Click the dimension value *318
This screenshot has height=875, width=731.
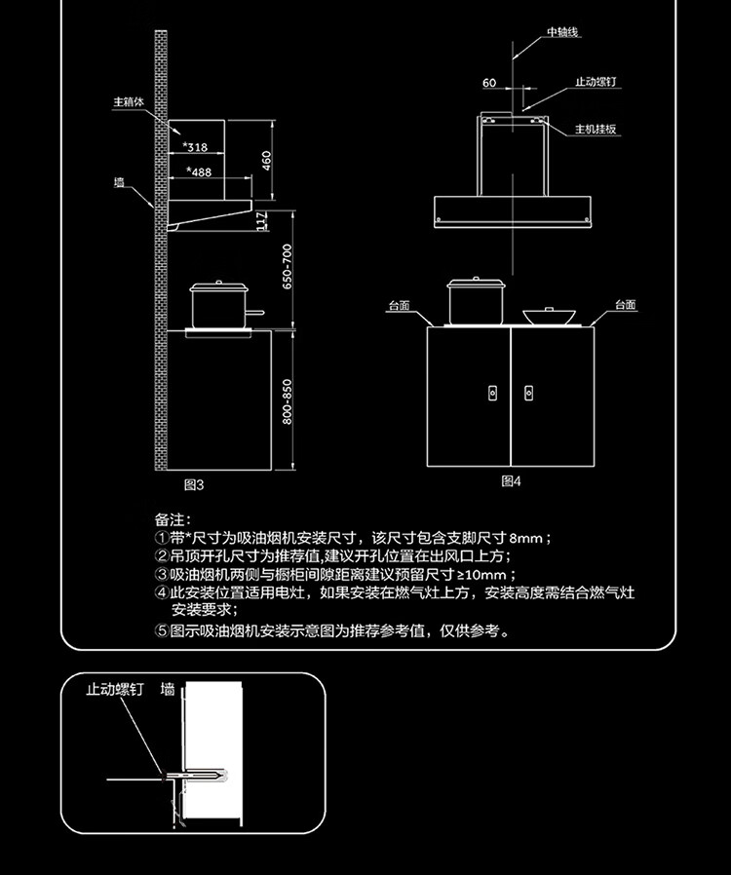(x=195, y=147)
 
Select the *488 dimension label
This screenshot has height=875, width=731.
(x=199, y=171)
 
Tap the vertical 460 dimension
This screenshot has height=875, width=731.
(x=267, y=161)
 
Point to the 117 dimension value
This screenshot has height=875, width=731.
(x=261, y=221)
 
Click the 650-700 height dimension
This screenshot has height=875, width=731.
(x=287, y=267)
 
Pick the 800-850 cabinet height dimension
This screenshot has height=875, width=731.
(x=287, y=401)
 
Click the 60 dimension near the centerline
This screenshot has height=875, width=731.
(x=489, y=83)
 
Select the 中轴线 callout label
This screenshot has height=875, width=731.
(x=562, y=32)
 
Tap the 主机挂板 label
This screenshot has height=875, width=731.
(x=596, y=129)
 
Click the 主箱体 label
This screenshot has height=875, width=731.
(x=129, y=102)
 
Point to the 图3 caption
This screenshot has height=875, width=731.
(x=194, y=485)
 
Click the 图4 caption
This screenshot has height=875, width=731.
(x=511, y=481)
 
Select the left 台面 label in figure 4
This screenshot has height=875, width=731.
(x=400, y=306)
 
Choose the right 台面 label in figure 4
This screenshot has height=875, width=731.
(x=626, y=305)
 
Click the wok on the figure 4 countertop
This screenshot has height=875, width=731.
(x=549, y=316)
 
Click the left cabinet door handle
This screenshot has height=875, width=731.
(x=493, y=393)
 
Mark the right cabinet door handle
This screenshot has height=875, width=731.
(x=528, y=393)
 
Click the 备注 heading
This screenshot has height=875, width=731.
(x=173, y=519)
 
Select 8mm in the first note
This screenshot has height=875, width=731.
(x=525, y=539)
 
